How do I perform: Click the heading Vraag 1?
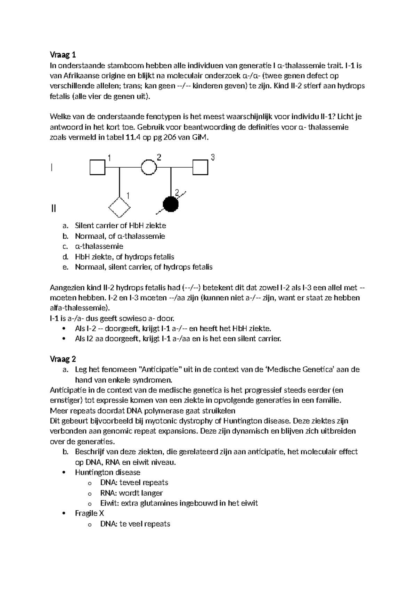[63, 55]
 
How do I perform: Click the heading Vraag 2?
[63, 359]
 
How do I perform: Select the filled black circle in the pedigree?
[171, 204]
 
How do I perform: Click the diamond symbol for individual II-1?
[120, 208]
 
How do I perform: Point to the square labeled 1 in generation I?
[98, 167]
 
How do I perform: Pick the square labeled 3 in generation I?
[201, 167]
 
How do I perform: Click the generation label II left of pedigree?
[53, 209]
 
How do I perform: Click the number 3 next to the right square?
[213, 158]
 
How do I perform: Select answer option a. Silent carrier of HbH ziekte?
[120, 225]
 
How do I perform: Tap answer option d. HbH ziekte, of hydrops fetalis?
[124, 257]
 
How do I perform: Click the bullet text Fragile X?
[89, 513]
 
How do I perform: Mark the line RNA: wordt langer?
[131, 493]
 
